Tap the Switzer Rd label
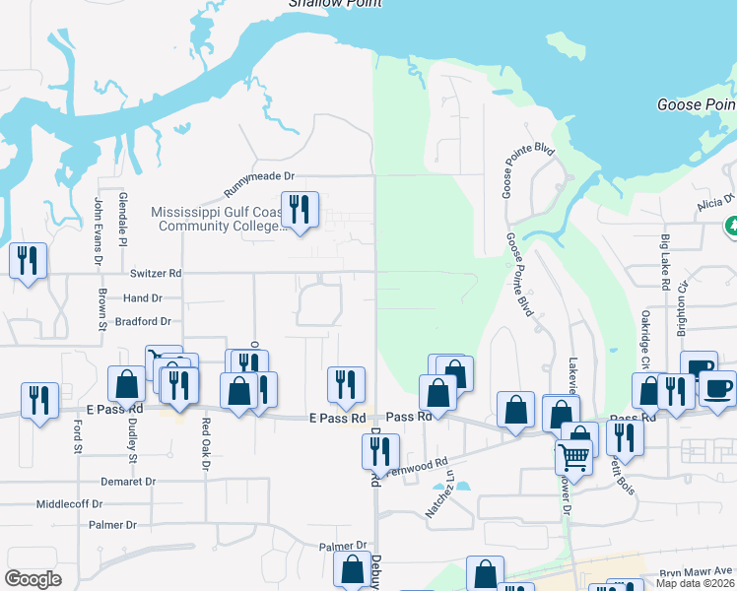point(156,273)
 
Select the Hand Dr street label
point(143,297)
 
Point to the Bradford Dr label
point(143,321)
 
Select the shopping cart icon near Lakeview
point(573,456)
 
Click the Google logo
point(33,579)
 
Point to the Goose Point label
point(696,105)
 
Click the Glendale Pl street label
point(123,220)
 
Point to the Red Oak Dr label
point(206,444)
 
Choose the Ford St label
point(78,436)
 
